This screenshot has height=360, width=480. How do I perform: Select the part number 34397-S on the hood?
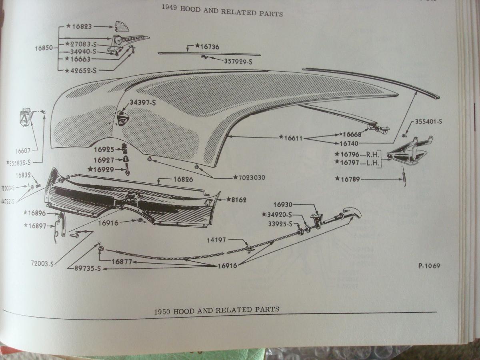(142, 103)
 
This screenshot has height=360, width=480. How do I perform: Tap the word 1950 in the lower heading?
(162, 311)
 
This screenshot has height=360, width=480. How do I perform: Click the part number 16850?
(44, 48)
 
